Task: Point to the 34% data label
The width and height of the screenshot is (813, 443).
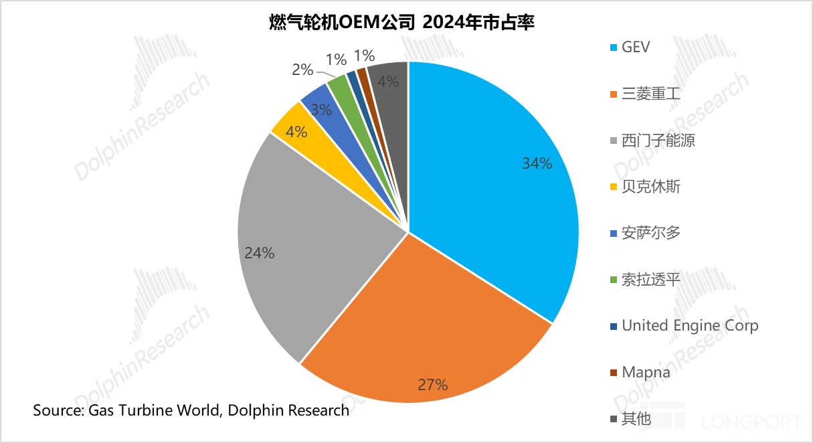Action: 538,163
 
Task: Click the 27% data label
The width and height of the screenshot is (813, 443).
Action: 433,385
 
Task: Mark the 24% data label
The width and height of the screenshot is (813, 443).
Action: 260,253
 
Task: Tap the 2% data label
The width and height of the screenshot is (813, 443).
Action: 303,69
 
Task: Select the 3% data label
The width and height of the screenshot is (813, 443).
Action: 321,110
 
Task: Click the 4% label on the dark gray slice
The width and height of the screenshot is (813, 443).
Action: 388,82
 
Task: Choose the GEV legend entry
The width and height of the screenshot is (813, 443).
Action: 636,48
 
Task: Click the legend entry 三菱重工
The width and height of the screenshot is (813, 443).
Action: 650,94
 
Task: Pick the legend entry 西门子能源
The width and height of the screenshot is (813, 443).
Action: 659,141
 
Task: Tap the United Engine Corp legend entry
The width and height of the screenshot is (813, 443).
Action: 690,326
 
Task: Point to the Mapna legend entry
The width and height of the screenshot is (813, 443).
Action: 646,372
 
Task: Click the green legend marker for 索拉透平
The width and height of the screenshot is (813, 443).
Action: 612,280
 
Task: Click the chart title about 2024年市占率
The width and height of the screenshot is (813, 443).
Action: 406,23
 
